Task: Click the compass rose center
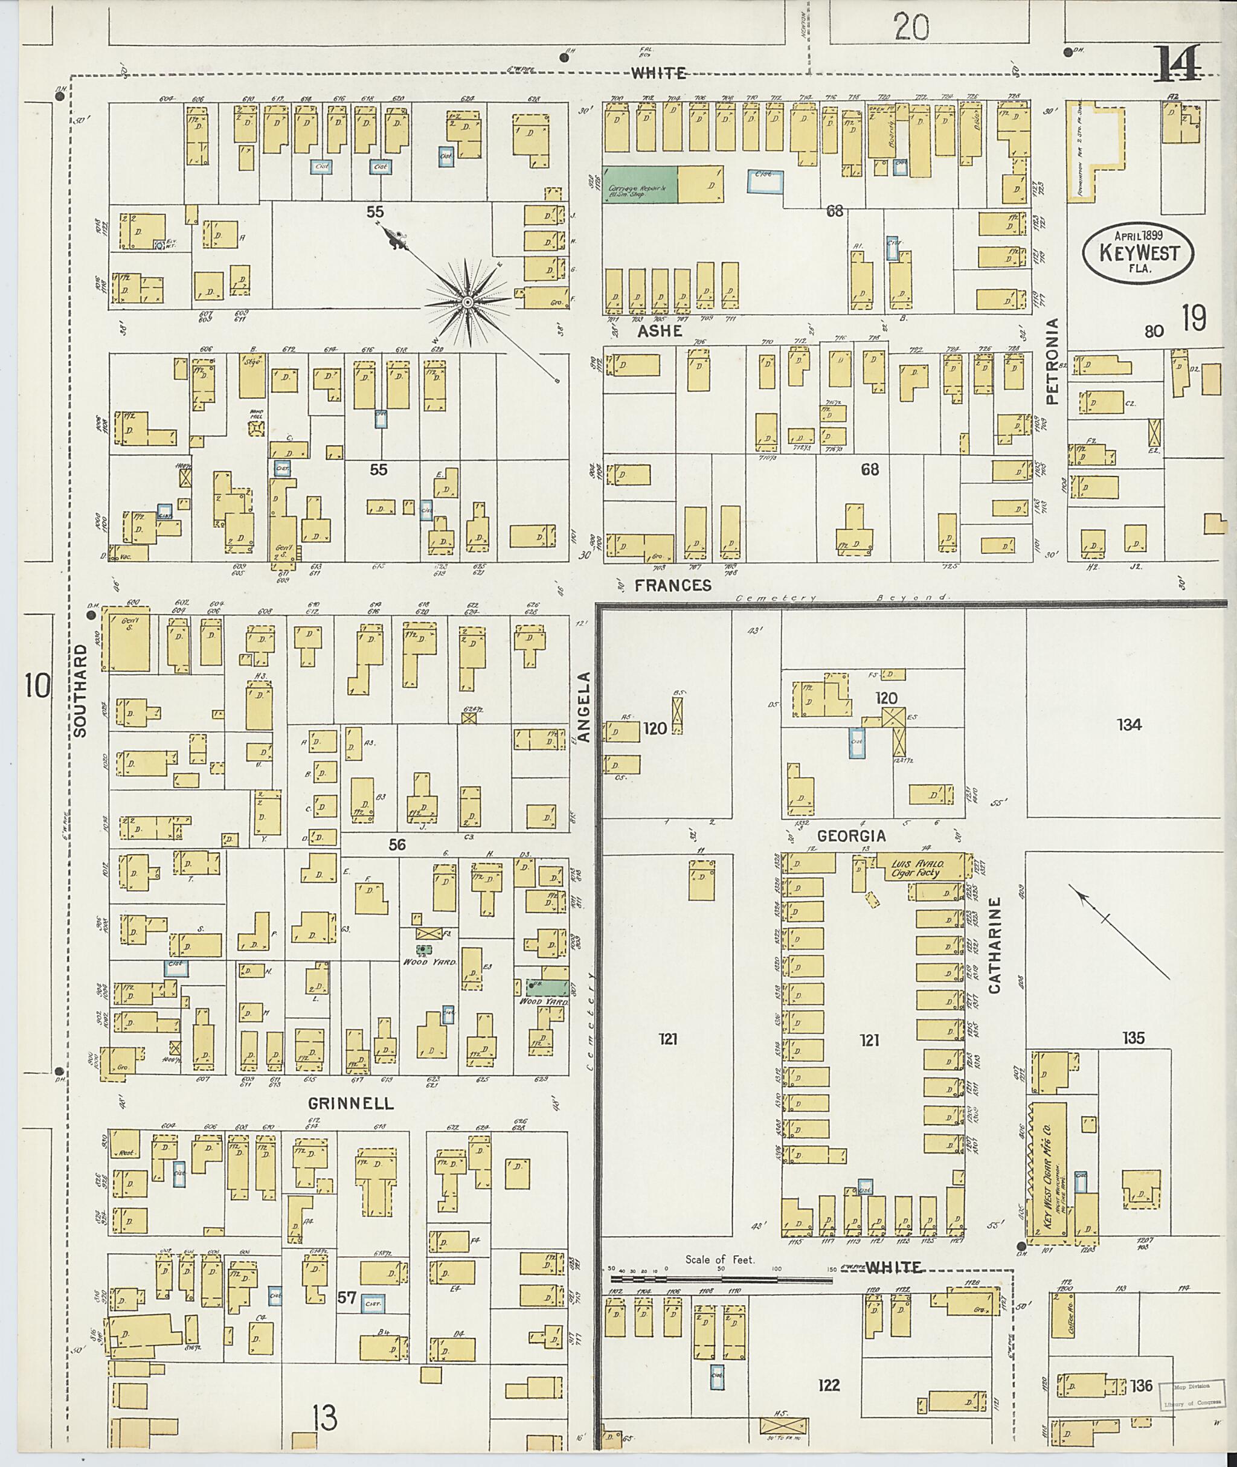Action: tap(466, 302)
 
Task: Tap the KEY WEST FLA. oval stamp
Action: tap(1138, 252)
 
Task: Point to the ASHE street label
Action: tap(660, 331)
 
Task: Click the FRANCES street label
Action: tap(674, 585)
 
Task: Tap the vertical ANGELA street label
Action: tap(585, 706)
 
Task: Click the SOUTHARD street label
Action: tap(79, 691)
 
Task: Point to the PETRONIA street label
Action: tap(1051, 361)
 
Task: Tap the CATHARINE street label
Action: tap(994, 945)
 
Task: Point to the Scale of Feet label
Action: tap(720, 1259)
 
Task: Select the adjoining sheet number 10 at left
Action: tap(38, 685)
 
